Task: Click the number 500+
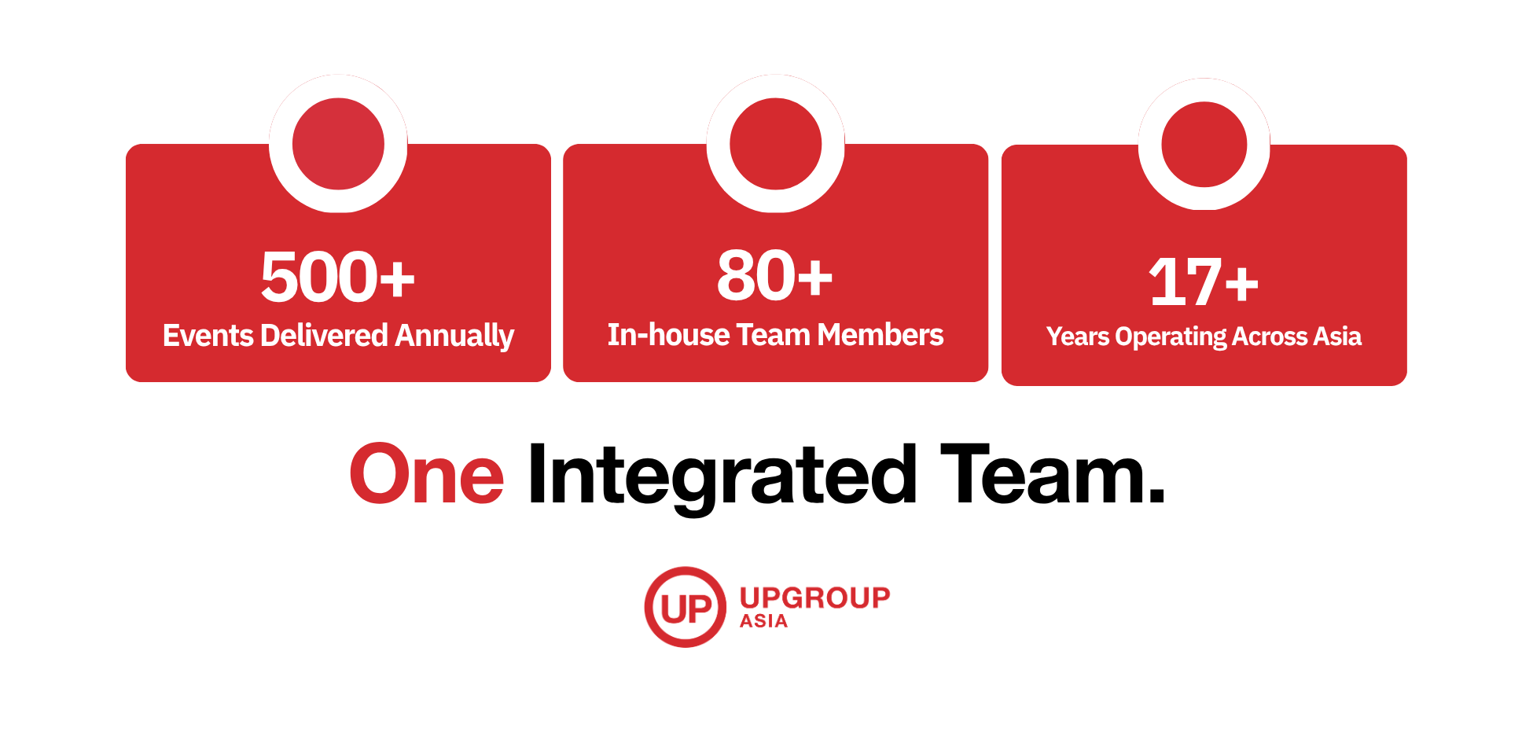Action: click(338, 276)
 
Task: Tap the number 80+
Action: click(775, 275)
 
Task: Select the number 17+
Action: click(1204, 281)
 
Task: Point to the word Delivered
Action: click(324, 336)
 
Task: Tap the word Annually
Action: click(454, 337)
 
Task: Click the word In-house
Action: click(669, 335)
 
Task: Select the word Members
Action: click(880, 335)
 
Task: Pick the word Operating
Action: click(1171, 337)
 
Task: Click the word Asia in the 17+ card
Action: click(1337, 337)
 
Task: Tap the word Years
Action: click(1078, 337)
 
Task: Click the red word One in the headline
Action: click(427, 474)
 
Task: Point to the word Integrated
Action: click(722, 476)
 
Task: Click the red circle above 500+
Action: click(338, 144)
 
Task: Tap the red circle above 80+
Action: click(775, 144)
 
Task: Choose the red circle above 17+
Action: click(1204, 145)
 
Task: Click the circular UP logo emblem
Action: click(686, 607)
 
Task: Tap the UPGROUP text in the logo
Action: click(814, 598)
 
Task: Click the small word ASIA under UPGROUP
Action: click(763, 621)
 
